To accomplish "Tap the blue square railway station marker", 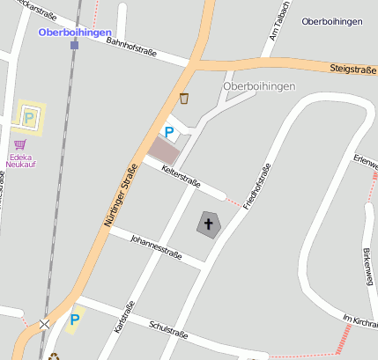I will [x=74, y=44].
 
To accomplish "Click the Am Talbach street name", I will [x=274, y=33].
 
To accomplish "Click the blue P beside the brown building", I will [x=169, y=133].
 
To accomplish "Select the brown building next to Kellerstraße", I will [x=162, y=150].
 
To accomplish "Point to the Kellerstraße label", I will [x=182, y=177].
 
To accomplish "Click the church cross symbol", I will [x=209, y=224].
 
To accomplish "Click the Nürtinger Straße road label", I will [x=122, y=196].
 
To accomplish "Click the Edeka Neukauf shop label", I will [x=20, y=159].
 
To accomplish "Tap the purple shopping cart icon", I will [x=19, y=143].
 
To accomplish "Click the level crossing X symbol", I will [x=45, y=324].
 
